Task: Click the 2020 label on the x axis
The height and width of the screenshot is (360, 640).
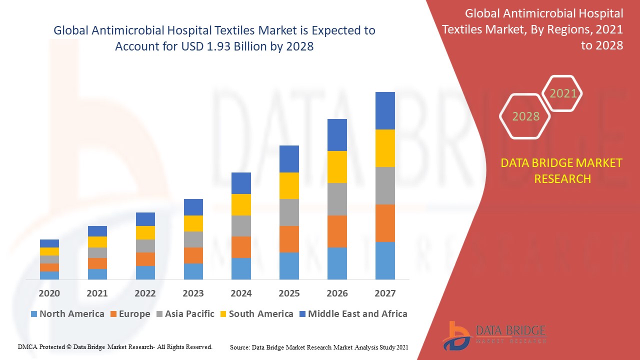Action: (x=49, y=293)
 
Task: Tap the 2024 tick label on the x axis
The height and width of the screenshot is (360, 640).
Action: (x=241, y=293)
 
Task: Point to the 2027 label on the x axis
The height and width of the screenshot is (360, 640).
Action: (x=385, y=293)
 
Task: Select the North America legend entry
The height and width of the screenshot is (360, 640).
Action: (x=67, y=314)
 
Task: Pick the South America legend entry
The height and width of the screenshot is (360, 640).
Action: (x=256, y=314)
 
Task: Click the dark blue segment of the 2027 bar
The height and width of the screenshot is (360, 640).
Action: (x=385, y=110)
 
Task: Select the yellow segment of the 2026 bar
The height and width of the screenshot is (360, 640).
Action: (x=337, y=167)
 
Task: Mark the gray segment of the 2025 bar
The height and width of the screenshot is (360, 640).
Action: (x=289, y=212)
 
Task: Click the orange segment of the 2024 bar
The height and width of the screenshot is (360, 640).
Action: (x=241, y=247)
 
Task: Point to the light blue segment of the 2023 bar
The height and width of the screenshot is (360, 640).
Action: (x=193, y=271)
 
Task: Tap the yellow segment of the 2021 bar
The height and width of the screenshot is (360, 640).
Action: (x=97, y=242)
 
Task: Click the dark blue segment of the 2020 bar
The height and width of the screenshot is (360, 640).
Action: (x=49, y=243)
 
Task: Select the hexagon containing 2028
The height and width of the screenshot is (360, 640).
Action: (x=525, y=116)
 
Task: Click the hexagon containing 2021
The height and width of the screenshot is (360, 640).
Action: (x=563, y=93)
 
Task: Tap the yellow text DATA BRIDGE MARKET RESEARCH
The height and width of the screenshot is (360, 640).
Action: (x=562, y=170)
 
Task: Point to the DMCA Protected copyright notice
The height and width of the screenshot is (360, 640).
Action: (x=115, y=346)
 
